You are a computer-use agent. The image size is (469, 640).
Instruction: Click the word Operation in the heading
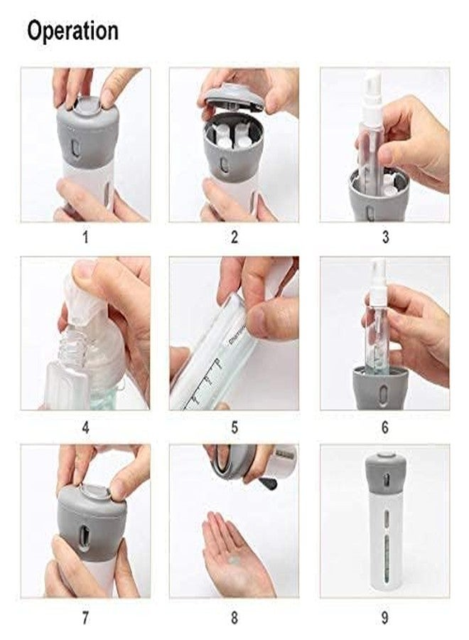tap(72, 31)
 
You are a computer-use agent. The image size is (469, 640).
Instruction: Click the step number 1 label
tap(85, 238)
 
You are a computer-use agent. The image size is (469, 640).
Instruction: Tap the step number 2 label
tap(234, 238)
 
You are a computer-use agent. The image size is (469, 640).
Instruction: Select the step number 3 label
tap(384, 238)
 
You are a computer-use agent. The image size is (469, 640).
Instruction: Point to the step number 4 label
tap(85, 429)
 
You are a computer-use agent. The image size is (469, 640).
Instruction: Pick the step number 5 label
tap(234, 429)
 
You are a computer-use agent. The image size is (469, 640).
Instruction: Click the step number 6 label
tap(384, 429)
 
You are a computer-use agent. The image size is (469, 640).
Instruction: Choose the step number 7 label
tap(85, 617)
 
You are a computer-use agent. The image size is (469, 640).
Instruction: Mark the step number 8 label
tap(234, 617)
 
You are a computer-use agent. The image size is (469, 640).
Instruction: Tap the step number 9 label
tap(384, 617)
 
